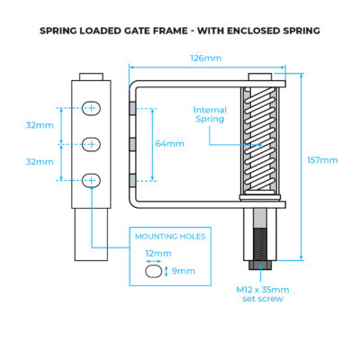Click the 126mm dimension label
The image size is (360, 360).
pos(206,58)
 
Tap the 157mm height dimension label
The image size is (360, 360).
pos(322,160)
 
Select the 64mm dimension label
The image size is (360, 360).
pos(169,144)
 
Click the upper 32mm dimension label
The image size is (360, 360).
pos(40,125)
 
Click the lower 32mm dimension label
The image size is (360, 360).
pos(40,162)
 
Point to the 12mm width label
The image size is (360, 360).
pos(158,254)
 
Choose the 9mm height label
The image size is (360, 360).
pos(184,271)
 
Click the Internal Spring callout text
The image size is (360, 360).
pos(210,114)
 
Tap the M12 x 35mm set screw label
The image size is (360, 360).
pos(263,294)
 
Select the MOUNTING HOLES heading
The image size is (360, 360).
pos(170,237)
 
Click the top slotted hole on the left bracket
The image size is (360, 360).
pos(91,108)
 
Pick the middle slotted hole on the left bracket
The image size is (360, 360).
pos(91,144)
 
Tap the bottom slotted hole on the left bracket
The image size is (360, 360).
pos(91,181)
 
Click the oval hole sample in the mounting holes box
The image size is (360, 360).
pos(154,271)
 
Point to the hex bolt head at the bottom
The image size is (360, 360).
pos(260,265)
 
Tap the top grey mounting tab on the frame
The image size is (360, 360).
pos(132,108)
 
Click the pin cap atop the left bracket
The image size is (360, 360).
pos(91,76)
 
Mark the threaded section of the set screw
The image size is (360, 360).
pos(260,244)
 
